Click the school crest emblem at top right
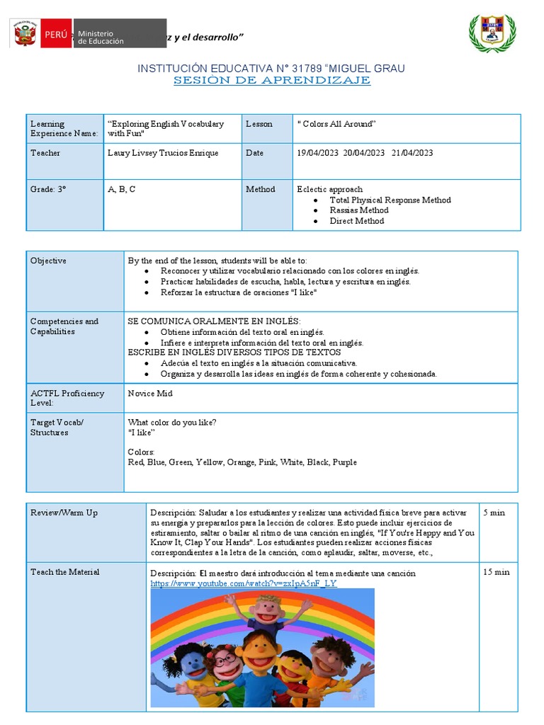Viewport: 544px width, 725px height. coord(493,33)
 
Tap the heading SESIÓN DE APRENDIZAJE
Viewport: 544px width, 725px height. coord(272,80)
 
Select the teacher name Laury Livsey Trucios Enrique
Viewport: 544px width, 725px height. coord(163,153)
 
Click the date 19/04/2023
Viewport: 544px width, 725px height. coord(318,153)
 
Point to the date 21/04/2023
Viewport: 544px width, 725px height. coord(412,153)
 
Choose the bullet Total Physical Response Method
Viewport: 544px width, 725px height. coord(390,200)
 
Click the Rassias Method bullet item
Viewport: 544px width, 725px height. coord(358,210)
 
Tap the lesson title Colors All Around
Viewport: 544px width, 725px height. coord(336,124)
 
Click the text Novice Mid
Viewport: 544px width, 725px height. coord(150,394)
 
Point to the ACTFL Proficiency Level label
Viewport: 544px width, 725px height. coord(67,398)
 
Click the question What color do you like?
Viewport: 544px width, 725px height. coord(172,423)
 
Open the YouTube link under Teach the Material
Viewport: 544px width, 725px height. coord(244,583)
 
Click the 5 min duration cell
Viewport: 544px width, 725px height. coord(494,513)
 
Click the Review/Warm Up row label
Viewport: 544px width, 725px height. coord(64,513)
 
